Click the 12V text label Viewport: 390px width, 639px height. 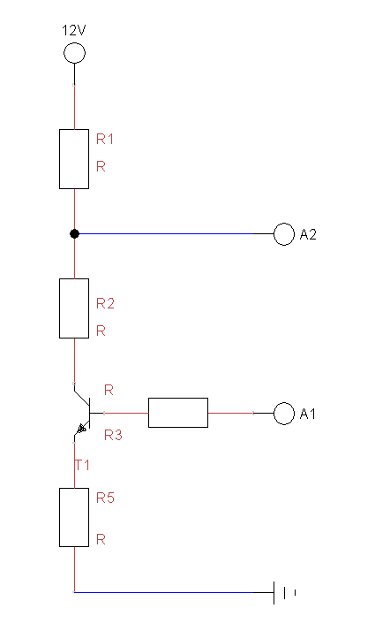tap(74, 30)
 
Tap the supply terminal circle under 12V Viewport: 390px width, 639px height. tap(74, 53)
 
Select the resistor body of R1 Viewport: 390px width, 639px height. tap(74, 159)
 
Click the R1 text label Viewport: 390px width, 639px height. tap(105, 140)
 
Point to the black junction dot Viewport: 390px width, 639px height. tap(74, 234)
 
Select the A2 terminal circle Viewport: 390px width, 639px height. tap(284, 234)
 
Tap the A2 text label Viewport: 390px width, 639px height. tap(308, 235)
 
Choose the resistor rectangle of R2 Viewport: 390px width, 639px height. tap(74, 308)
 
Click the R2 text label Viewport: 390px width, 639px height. tap(105, 304)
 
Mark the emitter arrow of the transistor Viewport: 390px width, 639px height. tap(82, 429)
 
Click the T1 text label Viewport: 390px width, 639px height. tap(81, 464)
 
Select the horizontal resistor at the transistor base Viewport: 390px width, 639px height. tap(177, 413)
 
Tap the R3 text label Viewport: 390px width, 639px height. tap(112, 435)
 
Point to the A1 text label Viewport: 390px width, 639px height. tap(308, 414)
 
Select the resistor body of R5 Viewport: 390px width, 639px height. tap(74, 517)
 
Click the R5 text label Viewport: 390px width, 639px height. tap(105, 498)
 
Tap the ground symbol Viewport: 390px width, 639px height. tap(282, 592)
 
